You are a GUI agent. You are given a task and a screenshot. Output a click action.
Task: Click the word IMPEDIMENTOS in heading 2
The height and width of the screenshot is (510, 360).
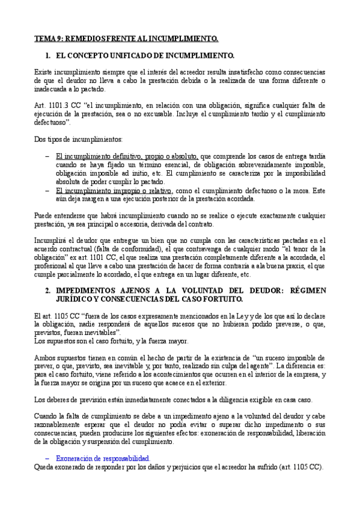[85, 290]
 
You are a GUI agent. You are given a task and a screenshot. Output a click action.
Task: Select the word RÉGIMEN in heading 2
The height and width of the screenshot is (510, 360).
[308, 290]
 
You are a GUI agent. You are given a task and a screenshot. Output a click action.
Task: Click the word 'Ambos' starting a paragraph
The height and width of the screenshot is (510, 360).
[44, 358]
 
